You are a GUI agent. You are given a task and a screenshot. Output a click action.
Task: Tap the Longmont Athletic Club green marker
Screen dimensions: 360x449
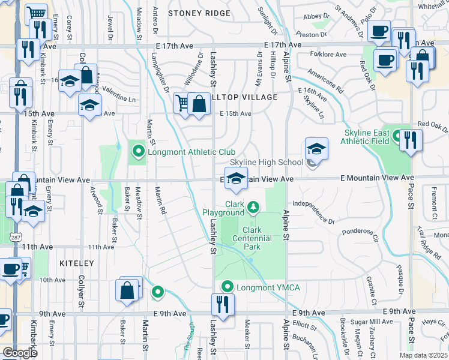(138, 152)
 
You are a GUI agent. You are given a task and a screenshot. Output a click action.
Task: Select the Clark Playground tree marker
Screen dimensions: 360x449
(254, 208)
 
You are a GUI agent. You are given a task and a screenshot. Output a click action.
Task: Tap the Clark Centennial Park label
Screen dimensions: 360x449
(257, 238)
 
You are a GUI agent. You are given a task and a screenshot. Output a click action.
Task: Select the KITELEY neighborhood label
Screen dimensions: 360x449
(77, 263)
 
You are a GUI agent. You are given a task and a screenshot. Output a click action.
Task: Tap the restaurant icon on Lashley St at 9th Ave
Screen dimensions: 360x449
(220, 303)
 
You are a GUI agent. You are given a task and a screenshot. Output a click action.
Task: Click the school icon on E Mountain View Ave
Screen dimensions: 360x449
(237, 178)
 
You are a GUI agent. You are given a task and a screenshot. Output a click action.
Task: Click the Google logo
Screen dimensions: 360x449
(21, 353)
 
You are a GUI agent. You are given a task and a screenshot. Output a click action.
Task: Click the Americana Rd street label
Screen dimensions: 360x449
(325, 82)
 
